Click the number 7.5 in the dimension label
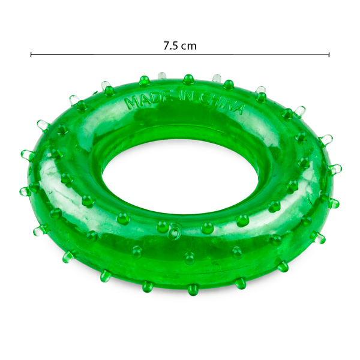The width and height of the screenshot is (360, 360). click(x=170, y=46)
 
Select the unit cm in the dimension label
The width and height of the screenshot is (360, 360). click(x=189, y=47)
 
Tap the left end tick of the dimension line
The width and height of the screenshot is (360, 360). click(x=31, y=55)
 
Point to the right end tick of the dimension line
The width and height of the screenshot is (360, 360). click(x=329, y=55)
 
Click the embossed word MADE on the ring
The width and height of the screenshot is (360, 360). click(x=149, y=101)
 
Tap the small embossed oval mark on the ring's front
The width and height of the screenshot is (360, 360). click(x=175, y=231)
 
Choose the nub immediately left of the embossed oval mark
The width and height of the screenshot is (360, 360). click(x=163, y=227)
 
